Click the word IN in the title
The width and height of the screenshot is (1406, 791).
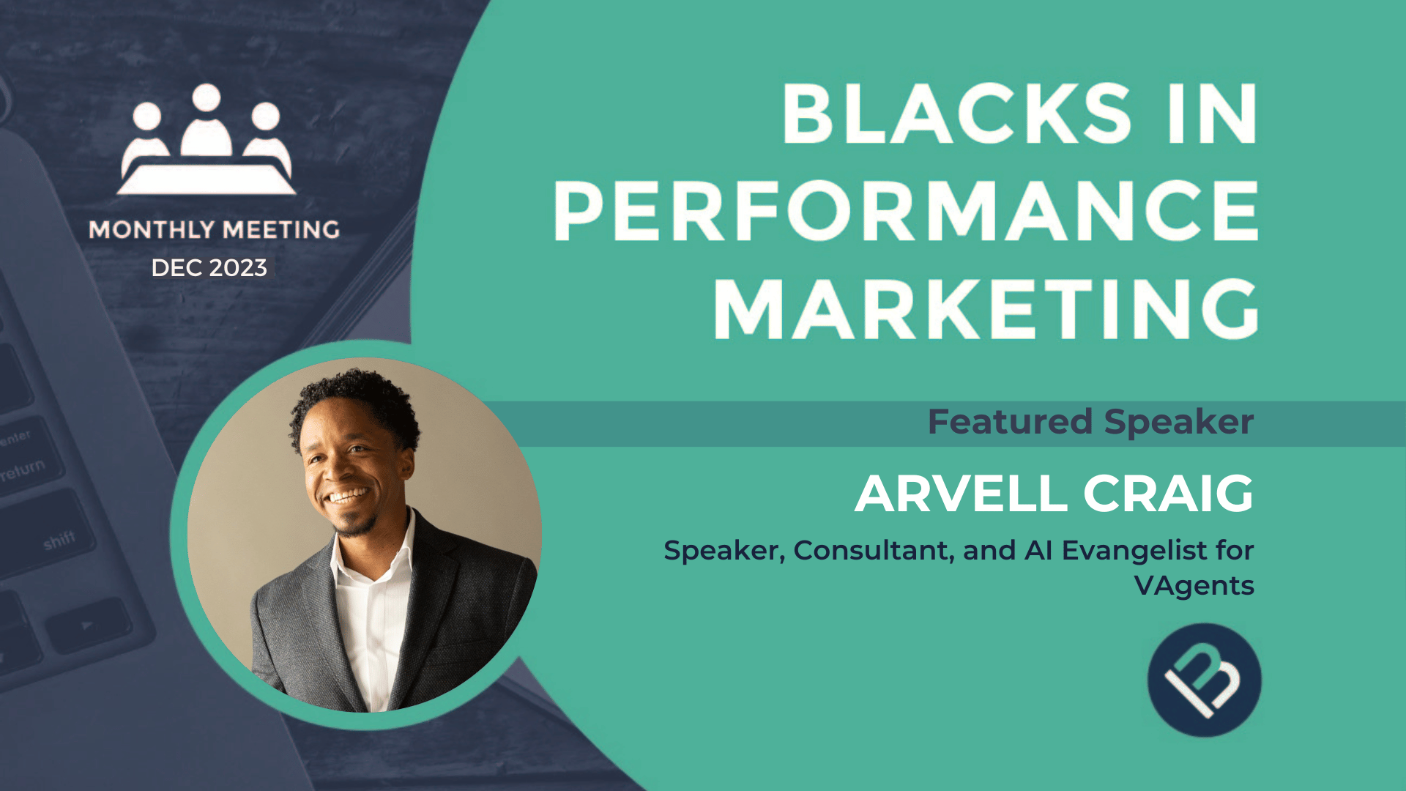click(1213, 114)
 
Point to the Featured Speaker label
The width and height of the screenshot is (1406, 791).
click(1090, 422)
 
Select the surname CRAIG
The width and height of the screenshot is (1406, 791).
click(1169, 494)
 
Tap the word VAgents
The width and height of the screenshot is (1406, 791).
click(1194, 586)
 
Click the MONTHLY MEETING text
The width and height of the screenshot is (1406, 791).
click(214, 230)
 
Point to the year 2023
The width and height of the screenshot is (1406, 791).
click(238, 268)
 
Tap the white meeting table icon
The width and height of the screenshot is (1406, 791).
click(207, 179)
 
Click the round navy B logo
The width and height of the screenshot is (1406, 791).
click(1204, 680)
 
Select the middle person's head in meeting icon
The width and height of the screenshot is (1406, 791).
click(207, 98)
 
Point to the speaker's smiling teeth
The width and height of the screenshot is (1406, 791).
click(348, 497)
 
